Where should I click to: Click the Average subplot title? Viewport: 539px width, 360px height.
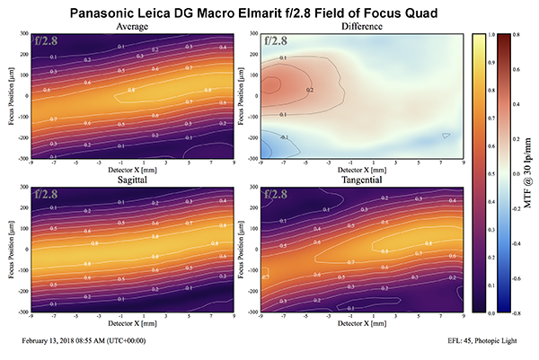pos(132,27)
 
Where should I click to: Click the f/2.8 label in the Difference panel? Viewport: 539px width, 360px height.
pos(273,40)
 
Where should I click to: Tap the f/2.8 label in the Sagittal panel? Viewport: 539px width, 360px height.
pos(46,193)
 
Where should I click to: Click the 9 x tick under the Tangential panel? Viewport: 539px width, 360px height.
pos(463,315)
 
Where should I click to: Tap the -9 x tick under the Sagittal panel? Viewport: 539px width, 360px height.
pos(31,315)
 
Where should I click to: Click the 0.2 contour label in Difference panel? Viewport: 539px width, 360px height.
pos(309,90)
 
